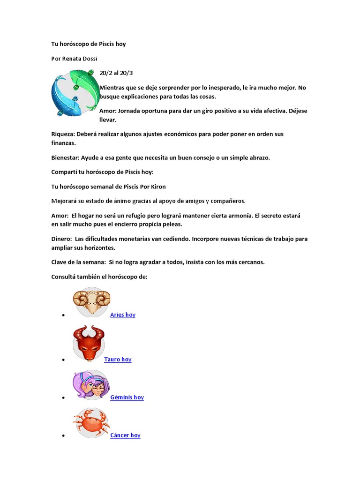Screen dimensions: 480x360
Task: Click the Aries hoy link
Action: point(123,315)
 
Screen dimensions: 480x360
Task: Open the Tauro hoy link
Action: point(118,360)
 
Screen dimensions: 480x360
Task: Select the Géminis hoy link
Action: point(127,397)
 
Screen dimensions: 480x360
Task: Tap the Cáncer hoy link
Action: point(125,435)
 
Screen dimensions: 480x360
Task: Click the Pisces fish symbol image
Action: point(75,93)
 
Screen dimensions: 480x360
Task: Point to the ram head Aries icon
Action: point(91,301)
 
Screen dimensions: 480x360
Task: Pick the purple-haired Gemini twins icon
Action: point(91,385)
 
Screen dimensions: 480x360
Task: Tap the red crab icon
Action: point(91,423)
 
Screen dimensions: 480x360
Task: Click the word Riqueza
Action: point(62,134)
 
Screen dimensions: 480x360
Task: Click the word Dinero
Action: point(61,239)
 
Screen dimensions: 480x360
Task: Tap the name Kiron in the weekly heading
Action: point(157,187)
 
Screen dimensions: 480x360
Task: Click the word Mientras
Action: point(112,88)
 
